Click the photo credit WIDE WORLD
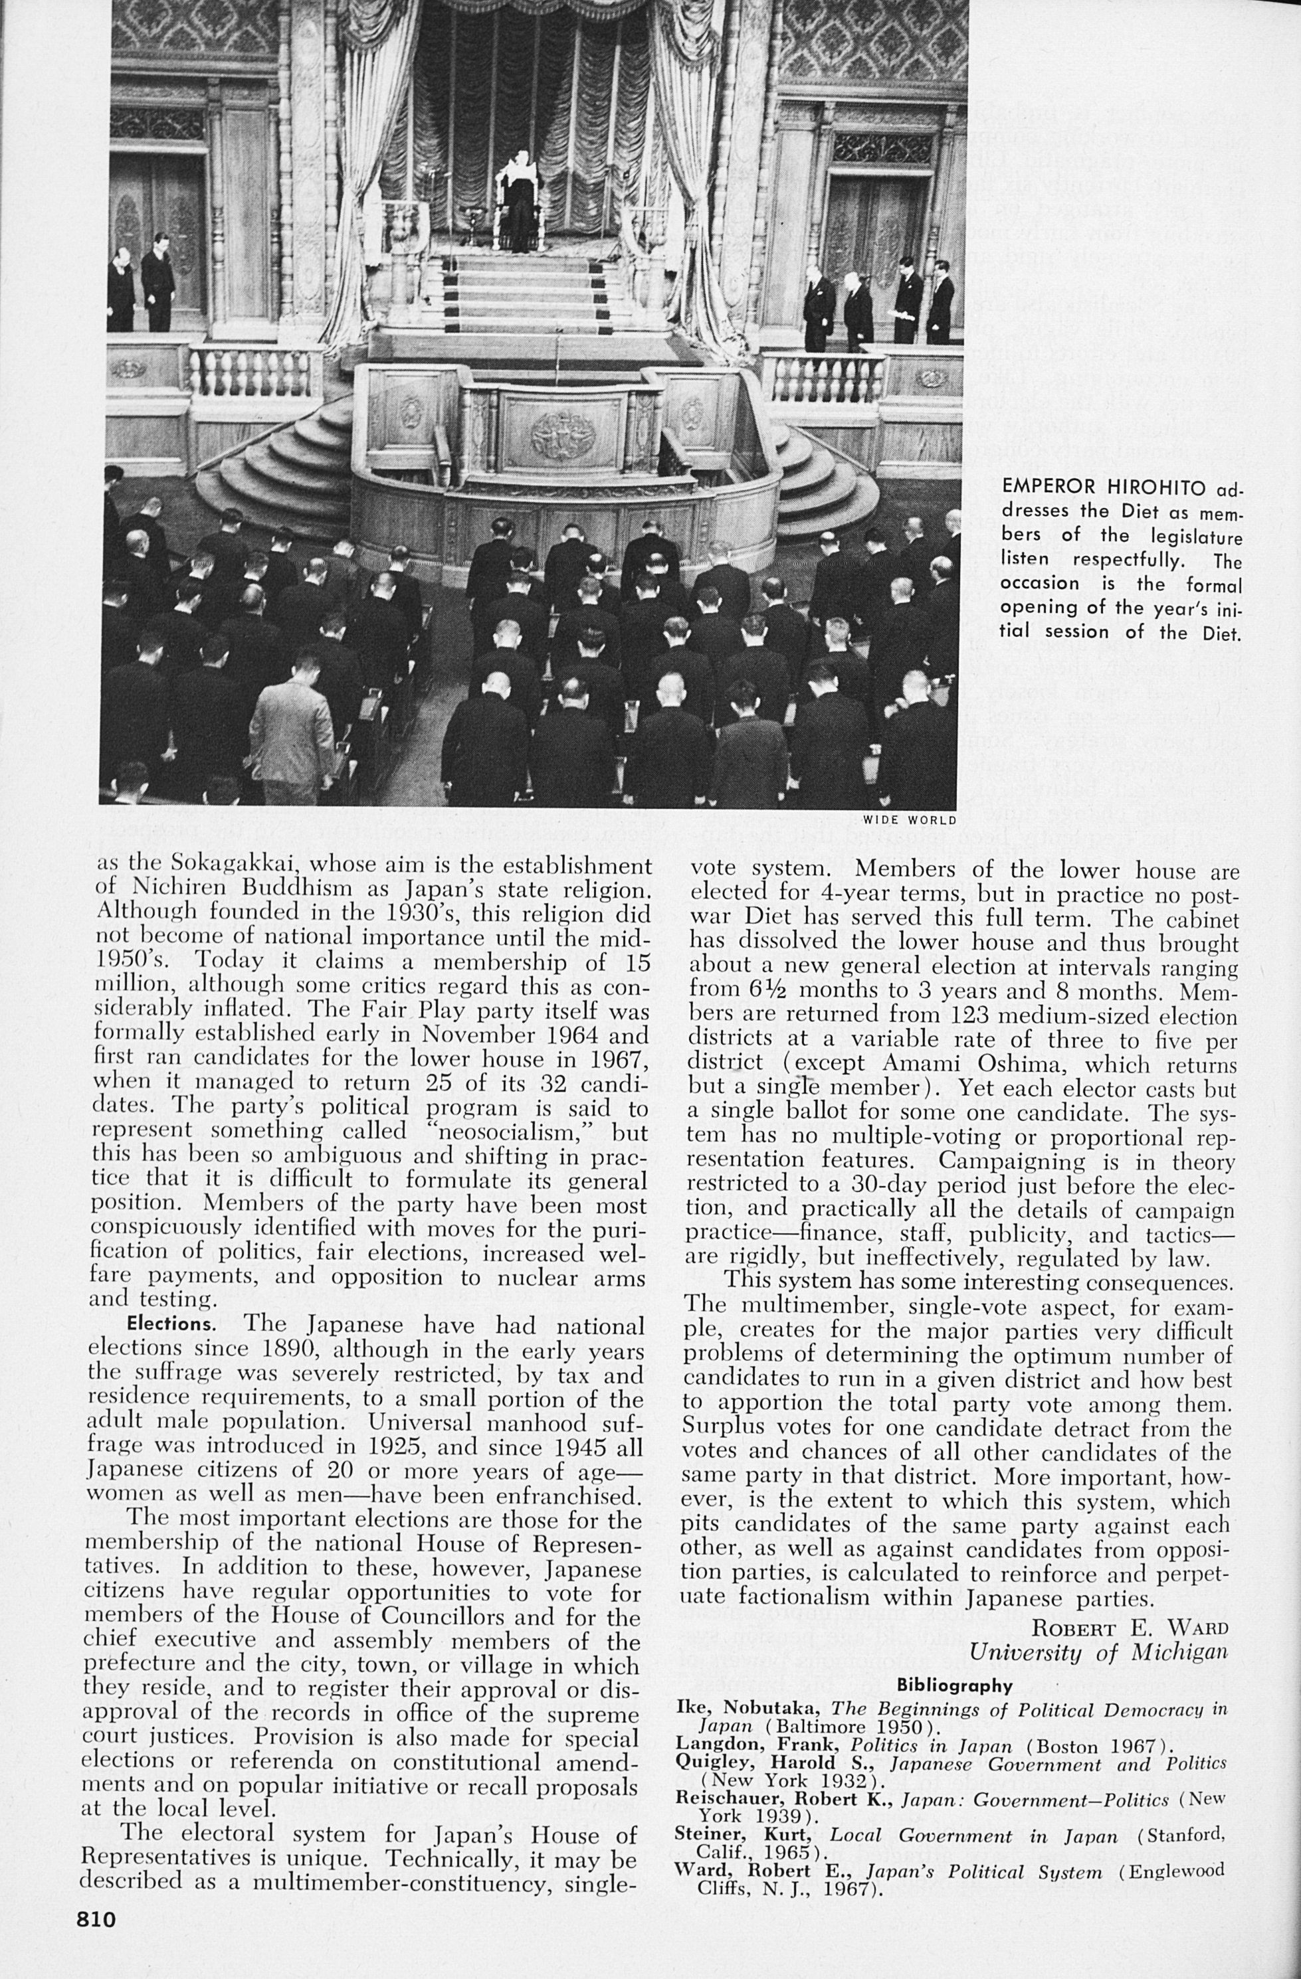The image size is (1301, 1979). pos(908,820)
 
